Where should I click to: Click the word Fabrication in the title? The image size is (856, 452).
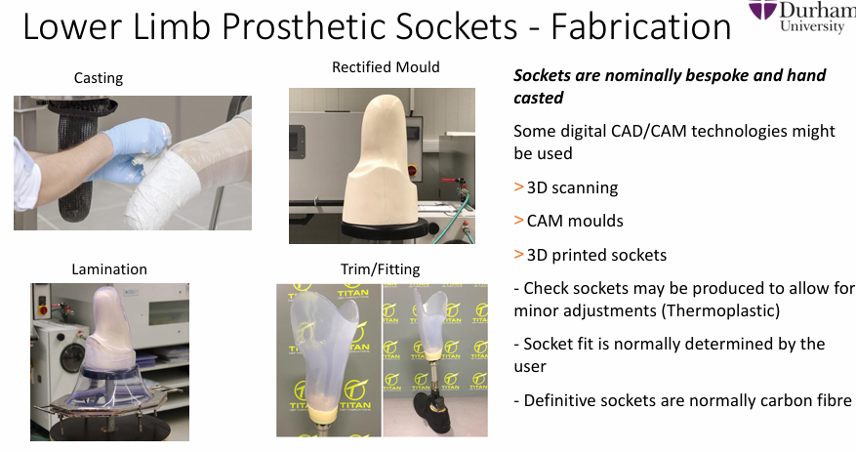tap(641, 26)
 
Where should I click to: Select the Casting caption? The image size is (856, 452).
tap(99, 79)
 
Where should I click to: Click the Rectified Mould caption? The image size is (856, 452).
tap(386, 67)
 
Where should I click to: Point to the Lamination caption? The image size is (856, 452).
tap(109, 269)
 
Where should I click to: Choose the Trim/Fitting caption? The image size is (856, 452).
tap(381, 269)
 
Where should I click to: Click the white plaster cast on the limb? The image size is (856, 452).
tap(158, 191)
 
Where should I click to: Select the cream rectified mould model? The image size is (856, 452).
tap(380, 164)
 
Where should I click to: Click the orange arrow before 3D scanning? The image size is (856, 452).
tap(518, 187)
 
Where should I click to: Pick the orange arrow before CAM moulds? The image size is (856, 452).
tap(518, 221)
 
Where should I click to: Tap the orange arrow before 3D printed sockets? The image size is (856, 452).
tap(518, 255)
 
